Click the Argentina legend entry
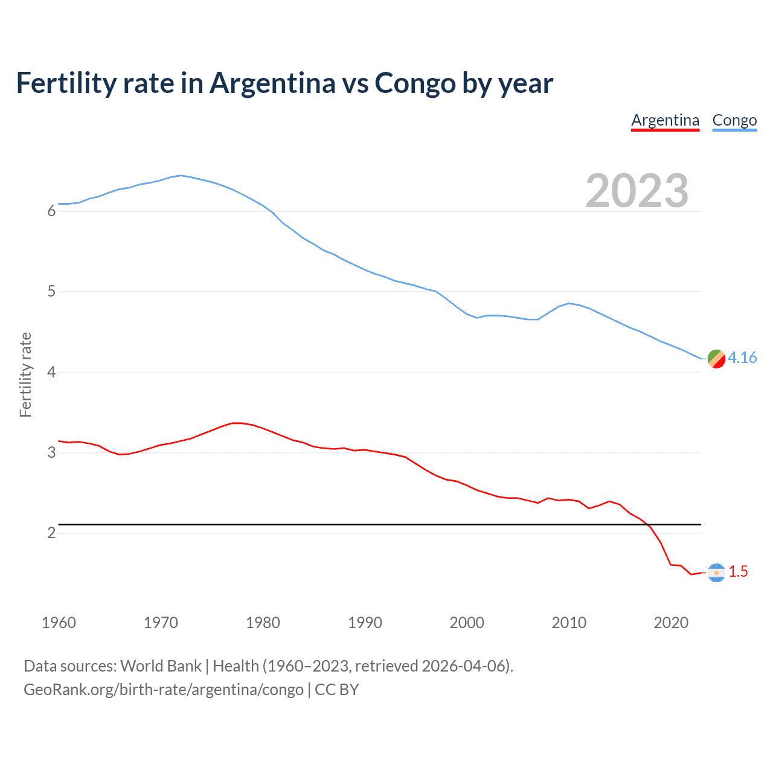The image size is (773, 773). pyautogui.click(x=665, y=120)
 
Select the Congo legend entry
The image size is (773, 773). pyautogui.click(x=734, y=120)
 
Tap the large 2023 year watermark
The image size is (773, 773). pyautogui.click(x=637, y=191)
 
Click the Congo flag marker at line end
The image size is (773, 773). pyautogui.click(x=716, y=358)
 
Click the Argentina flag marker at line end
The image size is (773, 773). pyautogui.click(x=716, y=572)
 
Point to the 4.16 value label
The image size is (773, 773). pyautogui.click(x=742, y=358)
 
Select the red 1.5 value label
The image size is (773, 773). pyautogui.click(x=738, y=571)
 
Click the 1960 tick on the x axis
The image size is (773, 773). pyautogui.click(x=59, y=623)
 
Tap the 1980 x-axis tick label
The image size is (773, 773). pyautogui.click(x=263, y=623)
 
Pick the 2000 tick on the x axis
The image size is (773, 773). pyautogui.click(x=467, y=623)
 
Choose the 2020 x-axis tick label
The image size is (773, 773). pyautogui.click(x=671, y=623)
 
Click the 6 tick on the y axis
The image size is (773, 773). pyautogui.click(x=51, y=211)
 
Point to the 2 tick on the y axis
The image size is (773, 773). pyautogui.click(x=51, y=533)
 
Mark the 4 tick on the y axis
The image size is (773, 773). pyautogui.click(x=51, y=372)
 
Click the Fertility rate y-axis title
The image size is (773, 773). pyautogui.click(x=25, y=374)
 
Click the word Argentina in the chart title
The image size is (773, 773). pyautogui.click(x=272, y=83)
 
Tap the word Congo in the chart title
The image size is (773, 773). pyautogui.click(x=415, y=83)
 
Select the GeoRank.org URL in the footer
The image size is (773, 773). pyautogui.click(x=163, y=690)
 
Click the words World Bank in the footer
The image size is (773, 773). pyautogui.click(x=161, y=666)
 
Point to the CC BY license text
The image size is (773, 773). pyautogui.click(x=337, y=690)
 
